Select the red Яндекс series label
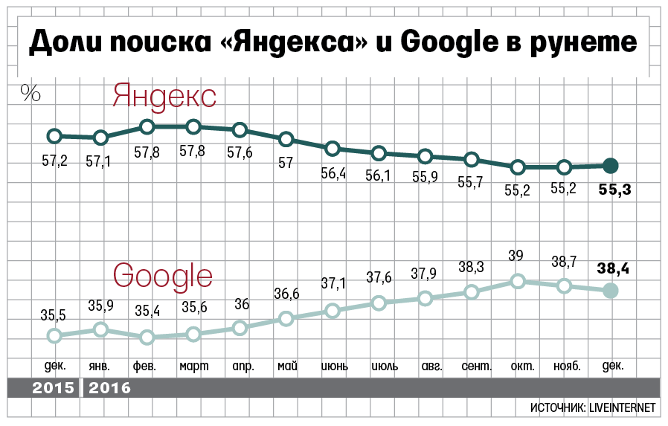pyautogui.click(x=164, y=97)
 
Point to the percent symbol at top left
pyautogui.click(x=30, y=92)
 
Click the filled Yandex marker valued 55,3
pyautogui.click(x=610, y=166)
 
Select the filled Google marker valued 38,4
pyautogui.click(x=610, y=291)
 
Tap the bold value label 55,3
pyautogui.click(x=614, y=190)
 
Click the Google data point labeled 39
pyautogui.click(x=518, y=281)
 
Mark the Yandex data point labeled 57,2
pyautogui.click(x=54, y=135)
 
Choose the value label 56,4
pyautogui.click(x=335, y=173)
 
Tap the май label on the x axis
pyautogui.click(x=287, y=366)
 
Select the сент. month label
pyautogui.click(x=475, y=366)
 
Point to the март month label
pyautogui.click(x=193, y=366)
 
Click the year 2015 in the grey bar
pyautogui.click(x=54, y=388)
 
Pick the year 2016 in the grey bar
pyautogui.click(x=109, y=388)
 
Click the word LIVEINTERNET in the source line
pyautogui.click(x=621, y=408)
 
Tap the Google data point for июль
pyautogui.click(x=379, y=303)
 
